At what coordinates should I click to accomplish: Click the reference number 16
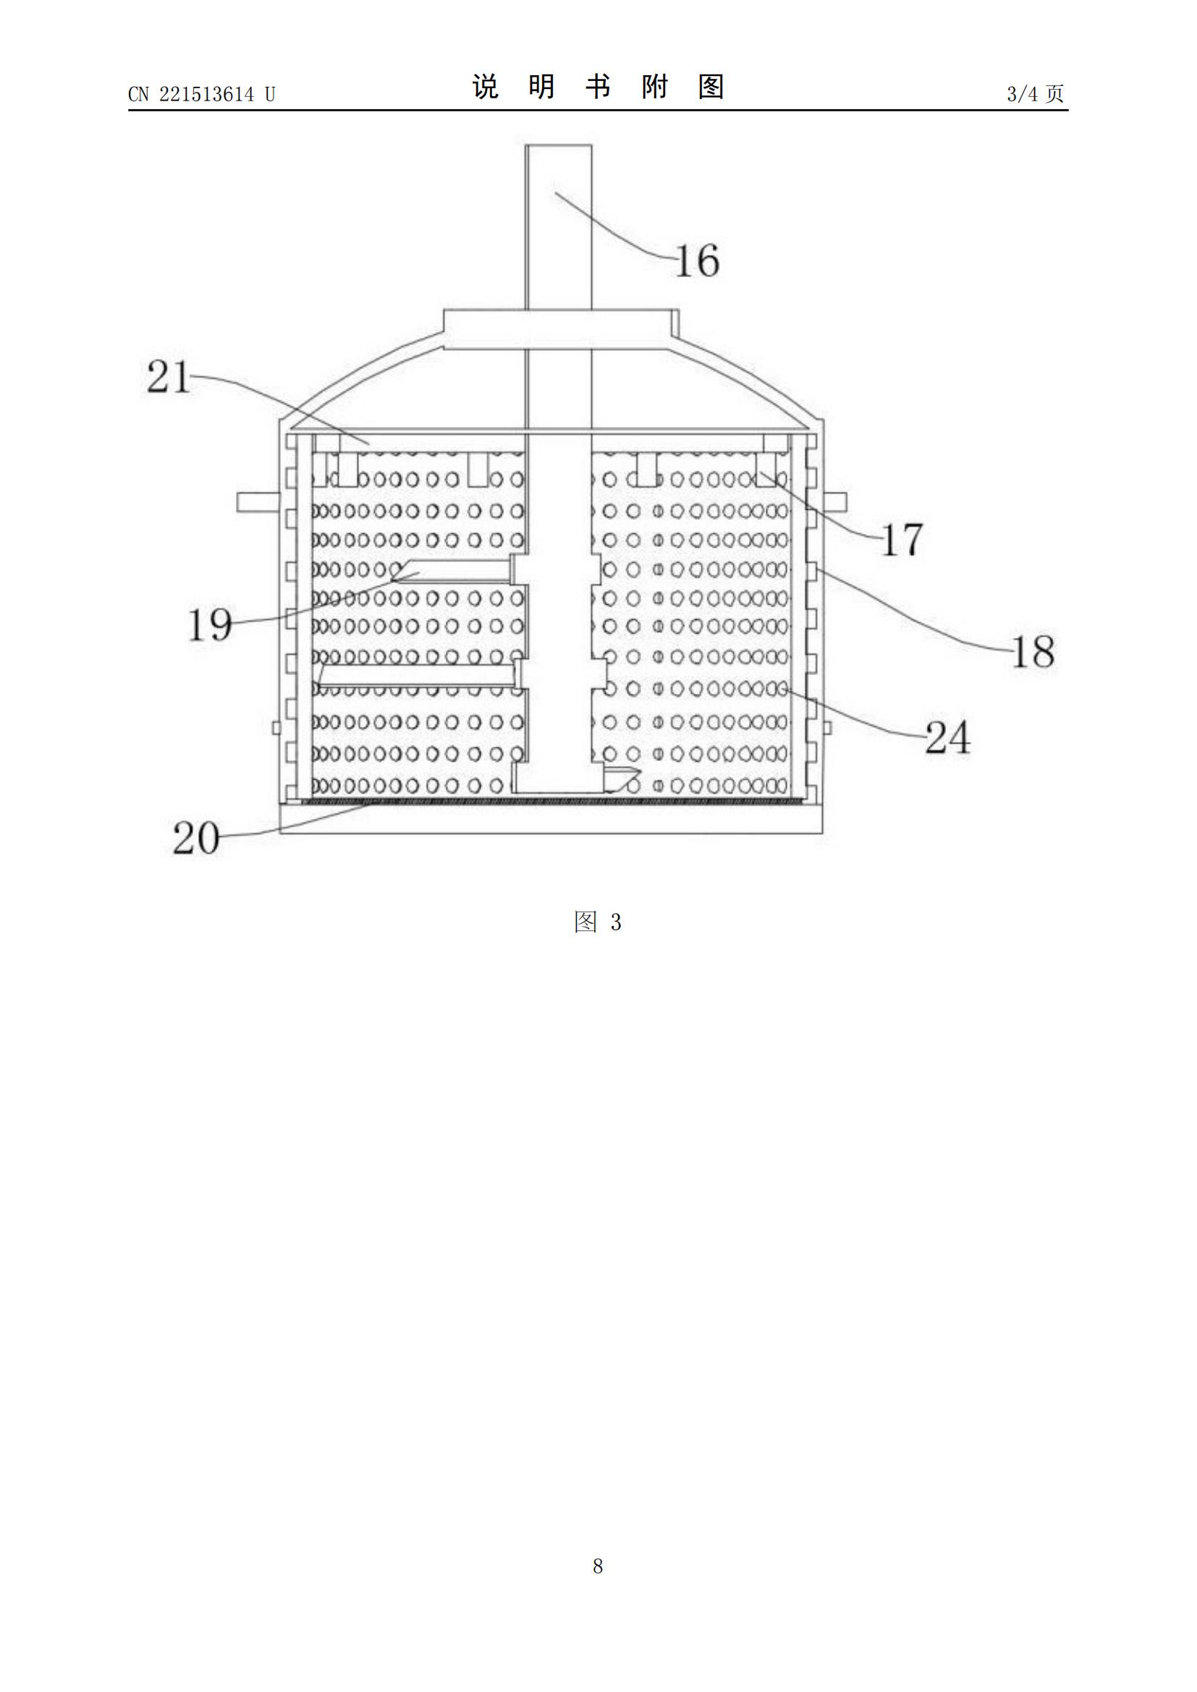tap(697, 261)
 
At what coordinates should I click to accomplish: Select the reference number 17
tap(902, 540)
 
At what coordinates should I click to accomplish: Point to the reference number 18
tap(1033, 652)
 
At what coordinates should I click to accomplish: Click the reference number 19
tap(210, 624)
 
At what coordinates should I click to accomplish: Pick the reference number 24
tap(947, 737)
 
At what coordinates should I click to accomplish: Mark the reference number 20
tap(196, 838)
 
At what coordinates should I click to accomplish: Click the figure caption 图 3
tap(598, 921)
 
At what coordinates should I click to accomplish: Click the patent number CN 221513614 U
tap(201, 93)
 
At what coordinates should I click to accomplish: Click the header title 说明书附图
tap(598, 87)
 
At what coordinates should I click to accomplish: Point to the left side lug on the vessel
tap(258, 503)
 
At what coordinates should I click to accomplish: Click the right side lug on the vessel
tap(834, 503)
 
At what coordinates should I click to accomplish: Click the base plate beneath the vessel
tap(551, 820)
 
